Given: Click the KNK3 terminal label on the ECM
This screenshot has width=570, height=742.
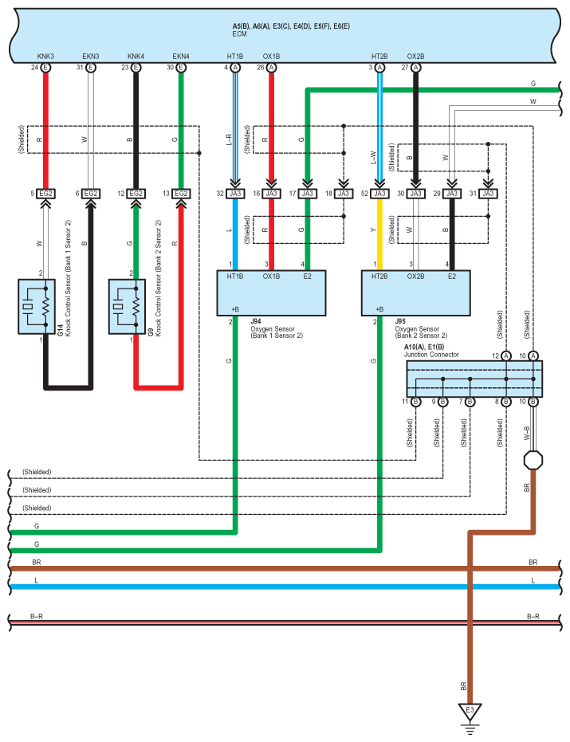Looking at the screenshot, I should (45, 57).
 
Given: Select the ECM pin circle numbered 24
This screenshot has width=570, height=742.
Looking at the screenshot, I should (45, 69).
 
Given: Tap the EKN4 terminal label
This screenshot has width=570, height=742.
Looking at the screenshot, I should (181, 57).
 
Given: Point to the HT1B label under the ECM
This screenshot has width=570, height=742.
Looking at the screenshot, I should (235, 57).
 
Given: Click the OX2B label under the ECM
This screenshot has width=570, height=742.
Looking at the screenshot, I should (415, 57).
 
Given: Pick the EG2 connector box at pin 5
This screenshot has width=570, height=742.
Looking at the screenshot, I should (45, 194).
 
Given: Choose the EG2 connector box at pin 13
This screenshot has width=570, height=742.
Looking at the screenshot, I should (181, 194).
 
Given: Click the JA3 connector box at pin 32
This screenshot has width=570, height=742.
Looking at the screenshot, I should (235, 194).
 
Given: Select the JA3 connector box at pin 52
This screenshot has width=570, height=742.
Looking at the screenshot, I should (379, 194).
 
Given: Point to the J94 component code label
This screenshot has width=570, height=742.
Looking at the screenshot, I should (256, 321).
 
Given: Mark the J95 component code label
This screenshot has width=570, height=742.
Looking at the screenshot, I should (400, 321).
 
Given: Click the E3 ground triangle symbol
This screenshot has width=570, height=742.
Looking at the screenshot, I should (470, 710).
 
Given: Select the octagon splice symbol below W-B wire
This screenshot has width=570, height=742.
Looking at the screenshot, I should (533, 460).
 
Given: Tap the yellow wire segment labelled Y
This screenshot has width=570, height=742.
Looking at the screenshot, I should (379, 231).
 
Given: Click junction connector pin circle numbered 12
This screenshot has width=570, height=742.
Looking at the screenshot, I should (506, 355).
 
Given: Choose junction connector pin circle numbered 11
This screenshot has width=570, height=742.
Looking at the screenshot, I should (415, 402).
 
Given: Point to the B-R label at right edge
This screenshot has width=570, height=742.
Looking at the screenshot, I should (533, 616).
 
